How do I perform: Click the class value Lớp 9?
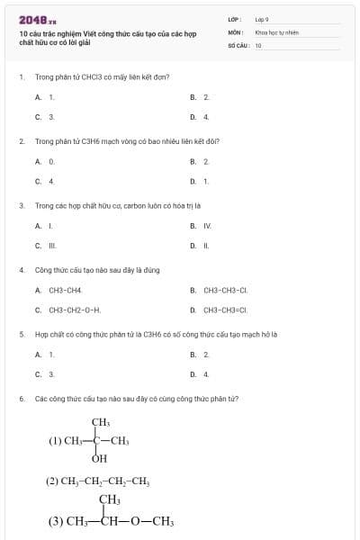[x=262, y=19]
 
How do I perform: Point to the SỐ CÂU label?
[x=238, y=44]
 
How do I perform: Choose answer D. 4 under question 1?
[x=200, y=117]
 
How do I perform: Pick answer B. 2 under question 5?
[x=200, y=354]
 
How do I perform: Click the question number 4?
[x=21, y=269]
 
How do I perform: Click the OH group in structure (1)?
[x=99, y=459]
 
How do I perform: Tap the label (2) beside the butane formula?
[x=52, y=481]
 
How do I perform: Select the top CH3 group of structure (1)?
[x=100, y=422]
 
